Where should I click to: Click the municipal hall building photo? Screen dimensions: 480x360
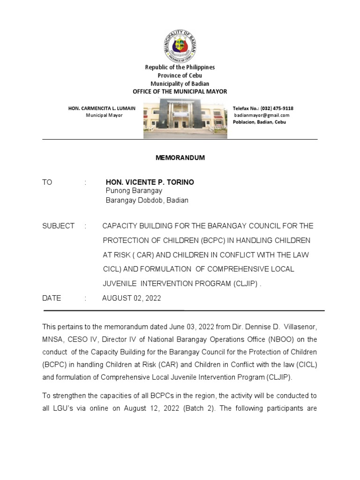[x=185, y=118]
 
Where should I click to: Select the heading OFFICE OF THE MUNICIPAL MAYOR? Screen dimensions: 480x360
[x=180, y=91]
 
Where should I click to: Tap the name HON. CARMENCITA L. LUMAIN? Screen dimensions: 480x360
[x=102, y=108]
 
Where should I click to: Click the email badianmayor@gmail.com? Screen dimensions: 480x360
[x=262, y=115]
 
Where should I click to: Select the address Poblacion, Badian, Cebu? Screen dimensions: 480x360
[x=259, y=122]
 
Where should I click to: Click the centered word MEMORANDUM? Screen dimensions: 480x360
[x=180, y=158]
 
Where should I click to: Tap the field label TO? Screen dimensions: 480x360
[x=47, y=182]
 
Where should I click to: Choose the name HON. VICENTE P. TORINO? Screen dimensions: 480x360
[x=150, y=182]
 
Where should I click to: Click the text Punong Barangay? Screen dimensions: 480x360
[x=134, y=191]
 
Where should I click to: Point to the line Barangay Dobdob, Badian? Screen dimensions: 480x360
[x=147, y=200]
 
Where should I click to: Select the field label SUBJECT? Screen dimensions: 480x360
[x=58, y=226]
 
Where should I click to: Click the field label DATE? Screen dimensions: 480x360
[x=52, y=298]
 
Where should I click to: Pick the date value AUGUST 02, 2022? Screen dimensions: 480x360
[x=131, y=298]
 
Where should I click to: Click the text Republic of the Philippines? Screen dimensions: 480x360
[x=180, y=68]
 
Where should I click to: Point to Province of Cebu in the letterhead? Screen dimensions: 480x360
[x=180, y=76]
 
